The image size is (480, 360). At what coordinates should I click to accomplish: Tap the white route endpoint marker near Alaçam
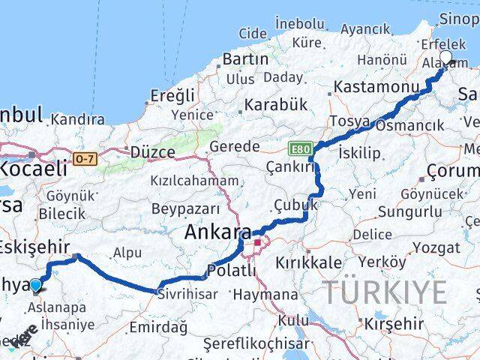446,58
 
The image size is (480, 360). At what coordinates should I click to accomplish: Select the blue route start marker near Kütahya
36,284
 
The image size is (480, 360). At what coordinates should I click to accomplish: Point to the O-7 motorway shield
85,159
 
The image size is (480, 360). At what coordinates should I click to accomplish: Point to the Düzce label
152,152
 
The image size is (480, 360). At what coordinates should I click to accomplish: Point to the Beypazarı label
185,208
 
